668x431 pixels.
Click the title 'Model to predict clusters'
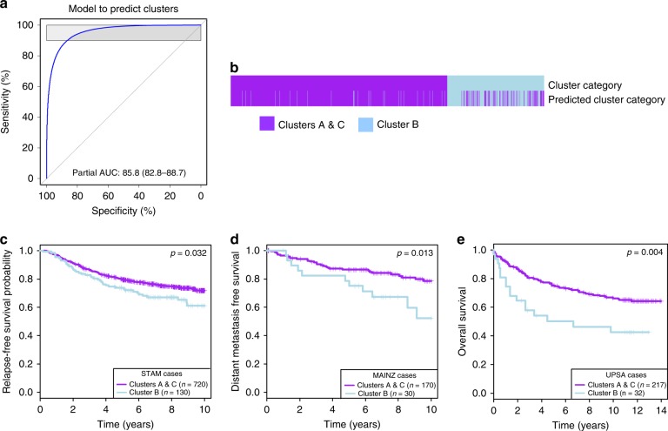[x=124, y=8]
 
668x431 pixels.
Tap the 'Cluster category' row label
[x=584, y=84]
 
